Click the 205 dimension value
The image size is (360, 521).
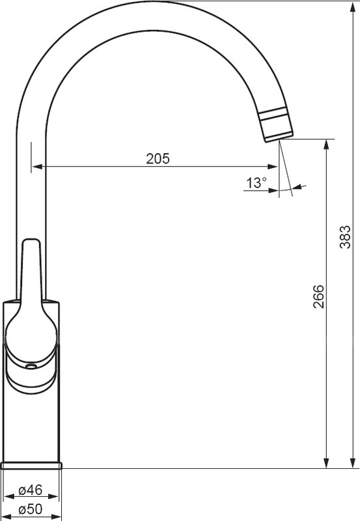click(158, 159)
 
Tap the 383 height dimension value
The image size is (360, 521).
click(345, 237)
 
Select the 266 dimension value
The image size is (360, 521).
click(318, 296)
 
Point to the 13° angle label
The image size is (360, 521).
click(256, 183)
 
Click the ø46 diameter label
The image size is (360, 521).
click(31, 490)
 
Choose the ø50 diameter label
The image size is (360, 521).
click(31, 509)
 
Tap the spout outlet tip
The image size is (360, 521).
click(279, 138)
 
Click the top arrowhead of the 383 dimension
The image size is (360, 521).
click(353, 7)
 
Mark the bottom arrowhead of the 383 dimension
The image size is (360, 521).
click(353, 463)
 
